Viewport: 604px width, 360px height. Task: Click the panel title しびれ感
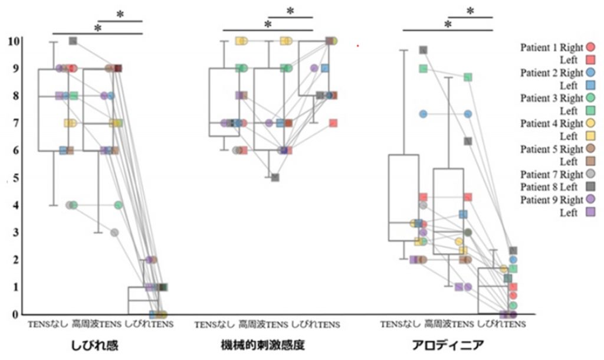click(x=97, y=345)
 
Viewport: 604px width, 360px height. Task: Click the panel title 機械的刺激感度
click(x=268, y=345)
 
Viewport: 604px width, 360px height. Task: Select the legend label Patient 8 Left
click(x=553, y=186)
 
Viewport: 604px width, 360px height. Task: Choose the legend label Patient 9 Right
click(x=551, y=199)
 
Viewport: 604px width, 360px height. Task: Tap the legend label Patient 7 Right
click(x=551, y=174)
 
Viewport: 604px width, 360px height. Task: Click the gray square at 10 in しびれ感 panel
click(x=73, y=41)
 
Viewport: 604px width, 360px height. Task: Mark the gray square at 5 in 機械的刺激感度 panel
click(x=275, y=178)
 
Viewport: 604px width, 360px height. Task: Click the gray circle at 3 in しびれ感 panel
click(x=114, y=233)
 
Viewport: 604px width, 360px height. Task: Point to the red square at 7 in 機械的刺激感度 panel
click(x=333, y=123)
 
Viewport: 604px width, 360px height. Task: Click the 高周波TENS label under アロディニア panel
click(x=449, y=324)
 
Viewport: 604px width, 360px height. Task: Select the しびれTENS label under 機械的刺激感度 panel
click(x=316, y=324)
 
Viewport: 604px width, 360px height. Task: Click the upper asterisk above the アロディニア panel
click(x=470, y=11)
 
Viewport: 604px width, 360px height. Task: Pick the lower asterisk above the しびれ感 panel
click(x=98, y=28)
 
